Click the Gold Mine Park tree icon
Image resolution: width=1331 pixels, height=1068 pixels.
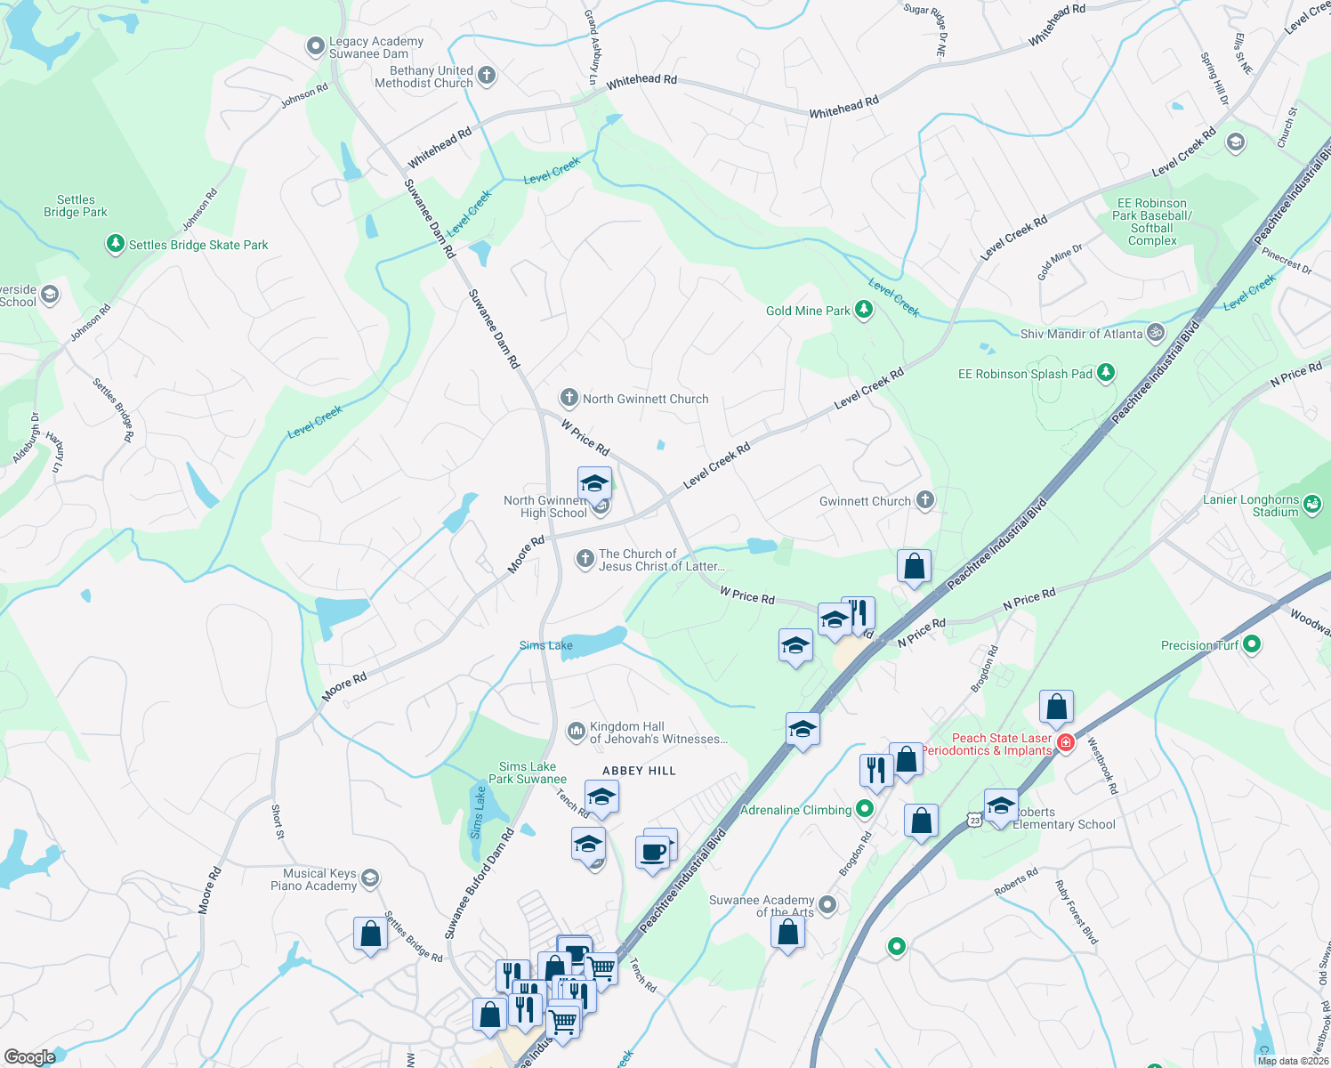click(863, 310)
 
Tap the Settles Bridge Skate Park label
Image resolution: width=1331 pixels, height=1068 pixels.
click(198, 245)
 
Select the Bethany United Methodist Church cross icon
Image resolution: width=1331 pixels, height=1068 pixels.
click(487, 76)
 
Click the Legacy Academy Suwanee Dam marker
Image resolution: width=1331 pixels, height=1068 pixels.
click(315, 47)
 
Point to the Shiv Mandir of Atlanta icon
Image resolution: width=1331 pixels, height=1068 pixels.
click(1156, 334)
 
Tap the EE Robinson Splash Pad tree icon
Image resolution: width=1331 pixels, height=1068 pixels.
click(1106, 373)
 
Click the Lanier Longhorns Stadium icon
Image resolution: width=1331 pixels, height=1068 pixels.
click(1312, 506)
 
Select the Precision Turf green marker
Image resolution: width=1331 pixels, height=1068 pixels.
click(1252, 644)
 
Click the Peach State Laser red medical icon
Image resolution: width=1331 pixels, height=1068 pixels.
click(1066, 741)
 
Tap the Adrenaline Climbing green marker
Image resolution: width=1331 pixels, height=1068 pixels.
click(865, 809)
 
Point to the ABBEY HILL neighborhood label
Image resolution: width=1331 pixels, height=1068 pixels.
click(639, 771)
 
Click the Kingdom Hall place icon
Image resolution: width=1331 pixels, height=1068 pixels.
click(576, 732)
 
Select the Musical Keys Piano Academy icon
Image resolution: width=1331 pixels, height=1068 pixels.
click(370, 879)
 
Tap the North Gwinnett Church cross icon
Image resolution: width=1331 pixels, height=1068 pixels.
click(569, 398)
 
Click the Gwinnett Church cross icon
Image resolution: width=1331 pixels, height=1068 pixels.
click(925, 500)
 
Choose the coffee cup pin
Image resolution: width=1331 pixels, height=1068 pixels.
click(652, 852)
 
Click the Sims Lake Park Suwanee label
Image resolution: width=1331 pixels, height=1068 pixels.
click(528, 773)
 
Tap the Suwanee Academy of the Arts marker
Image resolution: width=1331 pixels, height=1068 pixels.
click(827, 905)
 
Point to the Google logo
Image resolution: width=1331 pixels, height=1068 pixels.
click(30, 1056)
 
